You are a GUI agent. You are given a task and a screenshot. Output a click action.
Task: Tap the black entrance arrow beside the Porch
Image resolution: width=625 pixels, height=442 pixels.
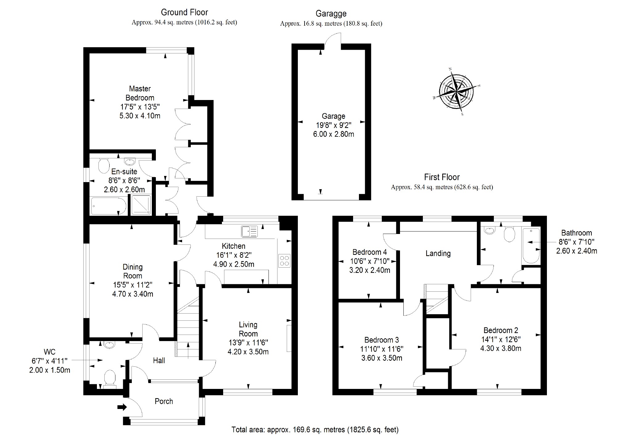click(122, 407)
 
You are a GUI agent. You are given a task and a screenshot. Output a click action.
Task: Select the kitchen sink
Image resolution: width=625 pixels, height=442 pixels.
click(249, 231)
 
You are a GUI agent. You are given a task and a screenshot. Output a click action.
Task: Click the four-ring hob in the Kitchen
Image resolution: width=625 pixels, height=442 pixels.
click(284, 260)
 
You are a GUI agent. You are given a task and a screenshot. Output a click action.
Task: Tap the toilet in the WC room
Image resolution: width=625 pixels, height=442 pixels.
click(110, 379)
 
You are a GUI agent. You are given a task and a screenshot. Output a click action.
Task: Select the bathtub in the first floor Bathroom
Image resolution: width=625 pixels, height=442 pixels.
click(531, 246)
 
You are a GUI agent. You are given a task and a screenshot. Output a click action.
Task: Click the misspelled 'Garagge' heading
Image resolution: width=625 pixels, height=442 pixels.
click(331, 14)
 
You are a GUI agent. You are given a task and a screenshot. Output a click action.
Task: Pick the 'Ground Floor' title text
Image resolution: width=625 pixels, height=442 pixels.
click(184, 12)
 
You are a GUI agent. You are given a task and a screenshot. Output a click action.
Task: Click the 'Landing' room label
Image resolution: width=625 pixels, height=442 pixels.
click(438, 253)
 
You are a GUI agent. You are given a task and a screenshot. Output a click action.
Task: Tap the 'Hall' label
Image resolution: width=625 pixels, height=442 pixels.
click(159, 360)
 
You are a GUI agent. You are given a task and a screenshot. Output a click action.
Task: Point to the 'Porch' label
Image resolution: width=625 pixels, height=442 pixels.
click(164, 401)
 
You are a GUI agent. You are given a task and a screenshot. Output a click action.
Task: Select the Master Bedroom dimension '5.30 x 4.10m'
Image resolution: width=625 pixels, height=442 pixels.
click(140, 116)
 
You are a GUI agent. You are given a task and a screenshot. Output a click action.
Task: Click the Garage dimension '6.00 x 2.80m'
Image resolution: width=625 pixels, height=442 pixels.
click(333, 134)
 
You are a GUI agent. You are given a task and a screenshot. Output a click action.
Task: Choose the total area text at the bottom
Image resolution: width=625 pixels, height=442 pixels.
click(315, 429)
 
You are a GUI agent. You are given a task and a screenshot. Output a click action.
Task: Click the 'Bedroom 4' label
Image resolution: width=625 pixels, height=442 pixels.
click(369, 252)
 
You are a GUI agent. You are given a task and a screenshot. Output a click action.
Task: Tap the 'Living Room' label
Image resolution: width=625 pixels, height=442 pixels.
click(248, 329)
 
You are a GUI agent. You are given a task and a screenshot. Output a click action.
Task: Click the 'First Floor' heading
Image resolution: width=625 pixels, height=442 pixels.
click(442, 177)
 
